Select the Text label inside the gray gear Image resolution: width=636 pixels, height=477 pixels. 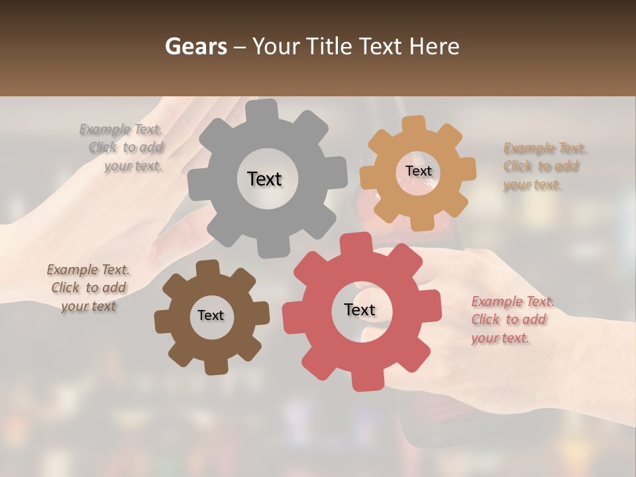click(264, 179)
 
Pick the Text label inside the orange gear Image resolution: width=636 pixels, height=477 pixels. click(418, 171)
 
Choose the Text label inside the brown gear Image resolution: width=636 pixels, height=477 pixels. click(211, 315)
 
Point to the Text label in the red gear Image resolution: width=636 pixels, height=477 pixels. click(360, 310)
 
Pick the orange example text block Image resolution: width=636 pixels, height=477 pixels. click(545, 166)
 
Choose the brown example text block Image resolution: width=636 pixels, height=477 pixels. click(88, 288)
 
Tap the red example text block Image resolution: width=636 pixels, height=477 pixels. click(512, 320)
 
